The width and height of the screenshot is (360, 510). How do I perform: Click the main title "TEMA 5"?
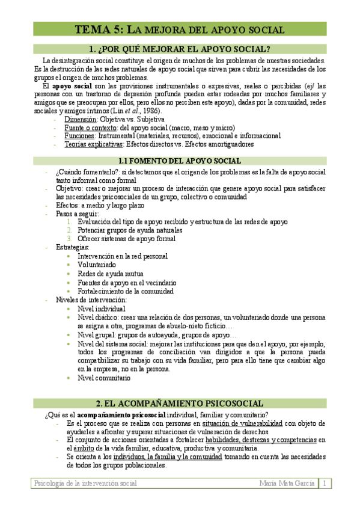[99, 29]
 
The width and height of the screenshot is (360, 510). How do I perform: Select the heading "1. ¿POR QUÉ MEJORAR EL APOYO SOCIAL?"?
[179, 49]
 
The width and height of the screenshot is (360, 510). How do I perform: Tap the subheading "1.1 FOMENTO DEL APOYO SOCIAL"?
[179, 161]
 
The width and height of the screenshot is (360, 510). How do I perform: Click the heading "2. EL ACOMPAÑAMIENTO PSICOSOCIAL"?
[179, 403]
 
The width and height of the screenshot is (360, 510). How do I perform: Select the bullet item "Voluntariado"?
[97, 265]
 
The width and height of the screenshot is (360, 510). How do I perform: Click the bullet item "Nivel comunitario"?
[104, 378]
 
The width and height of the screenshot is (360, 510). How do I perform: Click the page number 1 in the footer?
[323, 484]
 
